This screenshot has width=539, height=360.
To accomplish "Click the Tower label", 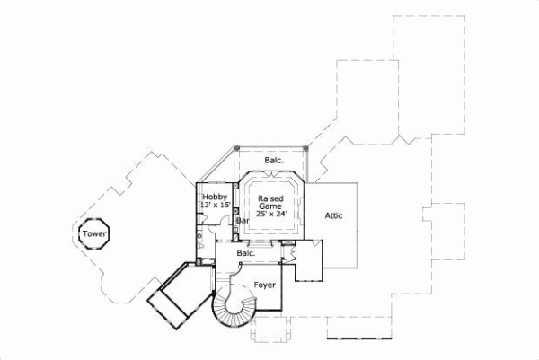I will pyautogui.click(x=93, y=234).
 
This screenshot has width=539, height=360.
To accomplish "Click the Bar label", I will pyautogui.click(x=242, y=221).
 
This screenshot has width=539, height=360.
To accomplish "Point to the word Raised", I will pyautogui.click(x=271, y=198).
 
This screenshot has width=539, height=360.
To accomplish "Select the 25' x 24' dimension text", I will pyautogui.click(x=271, y=215).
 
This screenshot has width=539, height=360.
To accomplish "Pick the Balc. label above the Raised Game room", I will pyautogui.click(x=274, y=161).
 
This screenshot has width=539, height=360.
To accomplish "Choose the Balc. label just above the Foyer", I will pyautogui.click(x=246, y=253).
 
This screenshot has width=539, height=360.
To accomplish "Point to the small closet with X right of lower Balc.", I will pyautogui.click(x=290, y=251).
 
